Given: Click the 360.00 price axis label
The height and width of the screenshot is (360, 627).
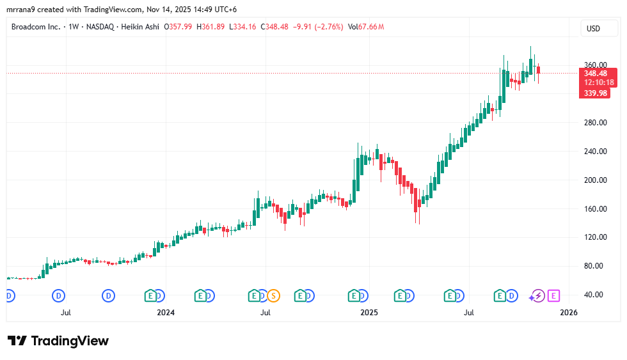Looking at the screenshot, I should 595,65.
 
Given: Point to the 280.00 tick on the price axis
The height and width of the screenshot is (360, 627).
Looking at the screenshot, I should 595,123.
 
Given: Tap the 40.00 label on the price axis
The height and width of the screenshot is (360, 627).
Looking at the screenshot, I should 595,295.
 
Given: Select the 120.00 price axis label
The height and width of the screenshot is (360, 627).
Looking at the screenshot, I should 595,237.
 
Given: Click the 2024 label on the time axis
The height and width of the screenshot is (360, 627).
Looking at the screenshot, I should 166,313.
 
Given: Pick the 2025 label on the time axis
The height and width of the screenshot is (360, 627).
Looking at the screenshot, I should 369,313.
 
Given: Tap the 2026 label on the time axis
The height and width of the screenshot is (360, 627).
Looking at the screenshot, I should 569,313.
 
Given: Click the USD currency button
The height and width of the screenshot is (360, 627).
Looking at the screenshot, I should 593,28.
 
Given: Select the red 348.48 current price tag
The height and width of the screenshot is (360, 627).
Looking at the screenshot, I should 595,74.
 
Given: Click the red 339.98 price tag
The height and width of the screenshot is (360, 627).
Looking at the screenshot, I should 594,93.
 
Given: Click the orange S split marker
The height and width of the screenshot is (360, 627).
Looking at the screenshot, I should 274,295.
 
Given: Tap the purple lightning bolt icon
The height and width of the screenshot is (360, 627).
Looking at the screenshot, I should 538,295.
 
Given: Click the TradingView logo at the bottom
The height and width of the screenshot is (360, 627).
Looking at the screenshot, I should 58,341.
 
